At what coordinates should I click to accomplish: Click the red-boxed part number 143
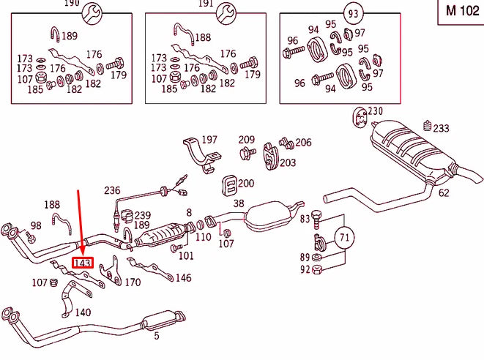tap(81, 262)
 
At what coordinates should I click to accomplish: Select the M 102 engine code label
tap(461, 12)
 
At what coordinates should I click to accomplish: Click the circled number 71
tap(344, 237)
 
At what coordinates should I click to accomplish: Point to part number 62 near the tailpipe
tap(444, 193)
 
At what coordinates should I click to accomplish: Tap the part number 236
tap(112, 190)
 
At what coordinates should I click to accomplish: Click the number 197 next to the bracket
tap(209, 140)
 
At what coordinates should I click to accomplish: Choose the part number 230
tap(375, 111)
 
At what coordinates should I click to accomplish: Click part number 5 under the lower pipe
tap(156, 337)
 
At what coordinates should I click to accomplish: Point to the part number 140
tap(83, 312)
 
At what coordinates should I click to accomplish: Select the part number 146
tap(183, 278)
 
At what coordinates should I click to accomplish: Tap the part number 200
tap(246, 183)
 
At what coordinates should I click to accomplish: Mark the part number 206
tap(302, 143)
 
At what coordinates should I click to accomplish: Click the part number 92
tap(305, 269)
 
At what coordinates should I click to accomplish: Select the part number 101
tap(187, 255)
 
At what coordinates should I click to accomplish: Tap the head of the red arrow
tap(81, 250)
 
